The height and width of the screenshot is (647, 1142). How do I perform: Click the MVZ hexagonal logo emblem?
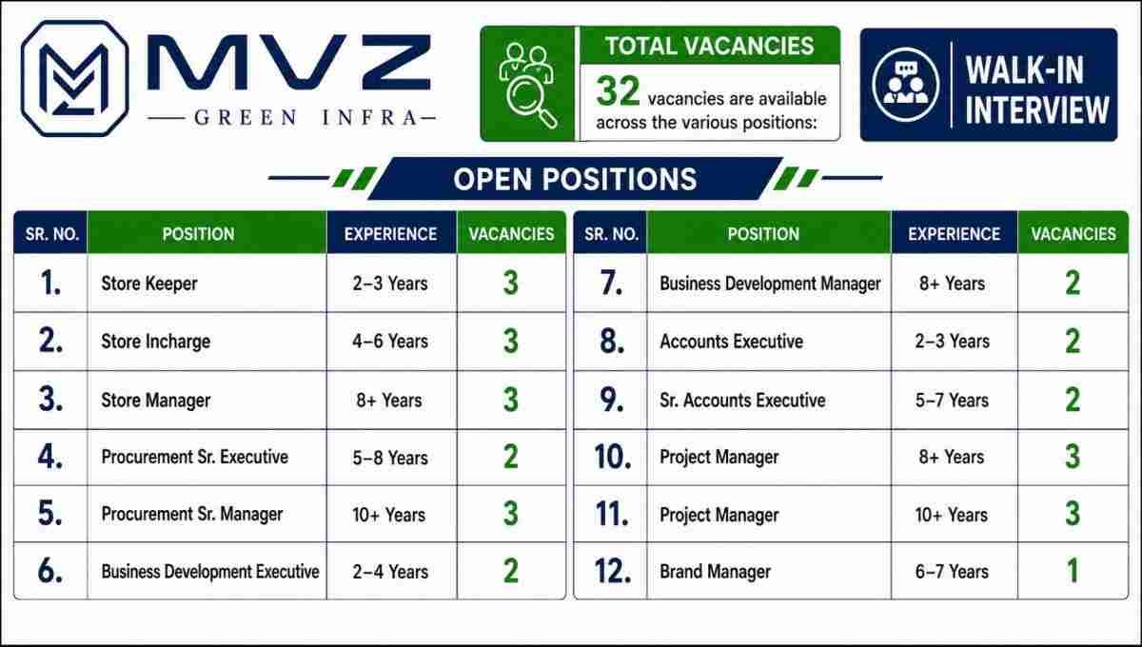click(74, 78)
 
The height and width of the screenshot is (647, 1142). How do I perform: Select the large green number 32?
click(618, 91)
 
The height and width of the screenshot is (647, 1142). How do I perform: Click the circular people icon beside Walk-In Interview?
click(905, 85)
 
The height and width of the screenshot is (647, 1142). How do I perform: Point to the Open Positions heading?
click(575, 179)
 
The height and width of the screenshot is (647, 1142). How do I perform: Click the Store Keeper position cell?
click(149, 284)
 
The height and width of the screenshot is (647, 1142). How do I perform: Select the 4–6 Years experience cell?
click(390, 341)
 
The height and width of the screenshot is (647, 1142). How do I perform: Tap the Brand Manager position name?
click(715, 572)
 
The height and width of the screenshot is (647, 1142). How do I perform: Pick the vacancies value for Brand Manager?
click(1073, 571)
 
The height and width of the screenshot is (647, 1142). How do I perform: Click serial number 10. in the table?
click(613, 457)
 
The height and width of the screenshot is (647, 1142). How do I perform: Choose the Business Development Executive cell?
click(210, 572)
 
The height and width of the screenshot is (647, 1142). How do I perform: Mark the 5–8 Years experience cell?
click(390, 458)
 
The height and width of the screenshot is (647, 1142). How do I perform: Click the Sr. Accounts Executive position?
click(742, 401)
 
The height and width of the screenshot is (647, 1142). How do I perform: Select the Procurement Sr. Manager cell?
click(191, 515)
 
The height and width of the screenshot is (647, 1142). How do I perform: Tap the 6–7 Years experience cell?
click(952, 572)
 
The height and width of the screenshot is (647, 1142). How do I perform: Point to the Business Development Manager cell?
click(770, 284)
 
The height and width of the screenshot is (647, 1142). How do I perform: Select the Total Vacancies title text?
click(709, 46)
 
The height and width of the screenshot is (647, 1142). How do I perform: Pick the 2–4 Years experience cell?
click(390, 572)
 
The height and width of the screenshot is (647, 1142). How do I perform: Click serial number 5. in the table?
click(50, 513)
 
